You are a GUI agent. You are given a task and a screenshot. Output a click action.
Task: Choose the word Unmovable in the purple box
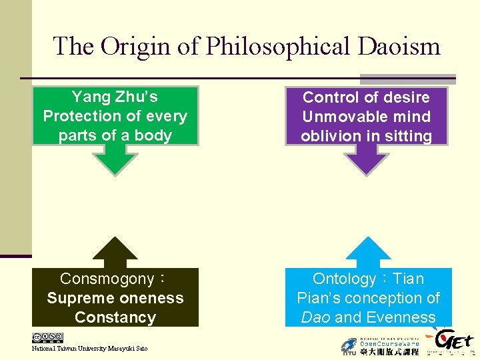point(334,117)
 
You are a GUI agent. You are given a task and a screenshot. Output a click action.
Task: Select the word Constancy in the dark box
point(115,317)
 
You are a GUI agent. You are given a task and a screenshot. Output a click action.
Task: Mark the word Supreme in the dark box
point(78,298)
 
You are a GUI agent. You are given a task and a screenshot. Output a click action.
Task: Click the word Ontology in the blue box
point(344,279)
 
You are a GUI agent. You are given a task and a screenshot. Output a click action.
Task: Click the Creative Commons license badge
point(47,338)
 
